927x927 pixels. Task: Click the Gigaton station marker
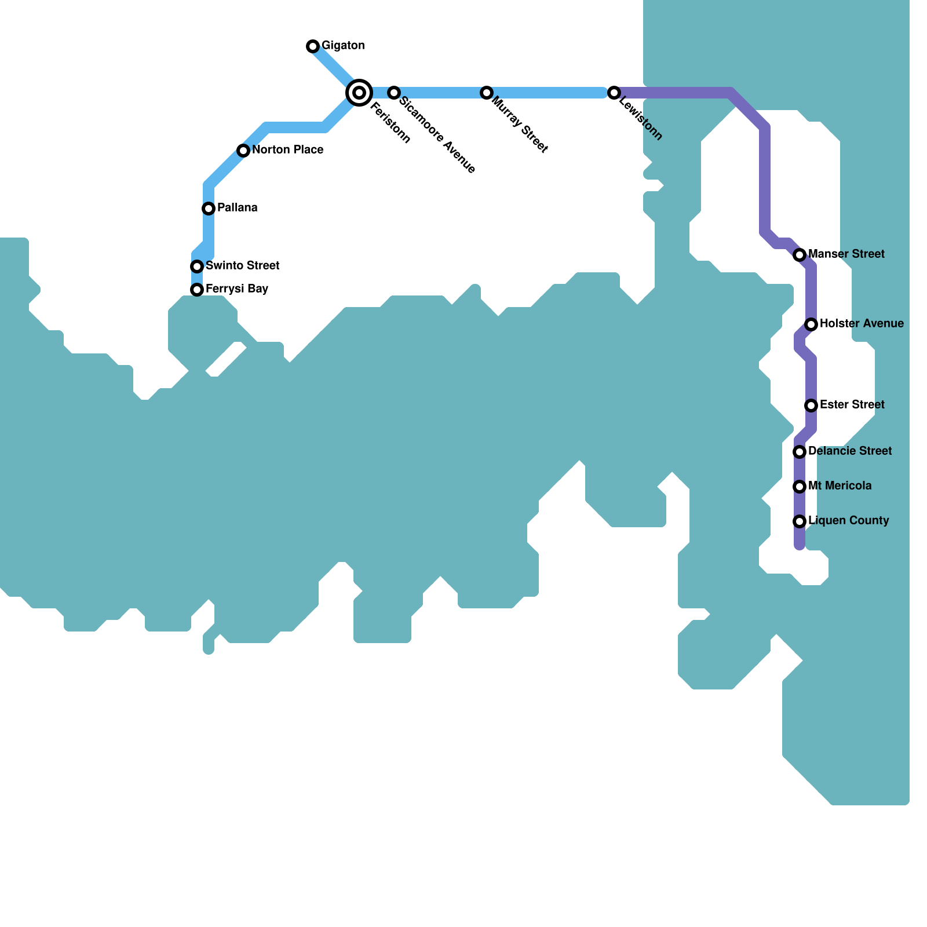coord(313,46)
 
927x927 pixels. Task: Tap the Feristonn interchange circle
coord(359,93)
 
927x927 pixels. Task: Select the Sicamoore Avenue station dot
coord(394,93)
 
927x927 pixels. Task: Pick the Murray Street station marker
coord(487,93)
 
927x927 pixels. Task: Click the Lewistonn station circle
coord(614,93)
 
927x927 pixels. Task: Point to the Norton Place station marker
coord(243,151)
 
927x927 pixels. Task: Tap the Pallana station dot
coord(209,209)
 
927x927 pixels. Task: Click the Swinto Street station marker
coord(197,267)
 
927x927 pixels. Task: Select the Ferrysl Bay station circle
coord(197,290)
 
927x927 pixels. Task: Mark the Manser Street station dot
coord(800,255)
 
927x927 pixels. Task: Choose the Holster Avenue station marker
coord(811,324)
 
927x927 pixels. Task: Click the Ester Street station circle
coord(811,406)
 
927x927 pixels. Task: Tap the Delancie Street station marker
coord(800,452)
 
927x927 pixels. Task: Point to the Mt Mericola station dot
coord(800,487)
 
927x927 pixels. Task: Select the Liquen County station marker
coord(800,521)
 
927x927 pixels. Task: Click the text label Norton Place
coord(287,150)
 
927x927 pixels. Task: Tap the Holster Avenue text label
coord(862,324)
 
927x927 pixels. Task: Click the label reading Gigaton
coord(343,46)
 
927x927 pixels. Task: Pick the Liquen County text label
coord(848,521)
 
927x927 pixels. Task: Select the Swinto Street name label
coord(242,266)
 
